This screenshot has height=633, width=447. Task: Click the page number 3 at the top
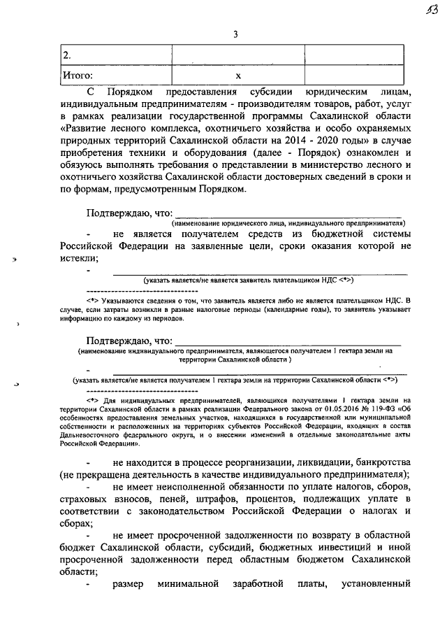pos(235,34)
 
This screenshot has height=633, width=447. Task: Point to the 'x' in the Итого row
pos(237,75)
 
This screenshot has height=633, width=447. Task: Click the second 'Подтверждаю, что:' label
pos(128,340)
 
